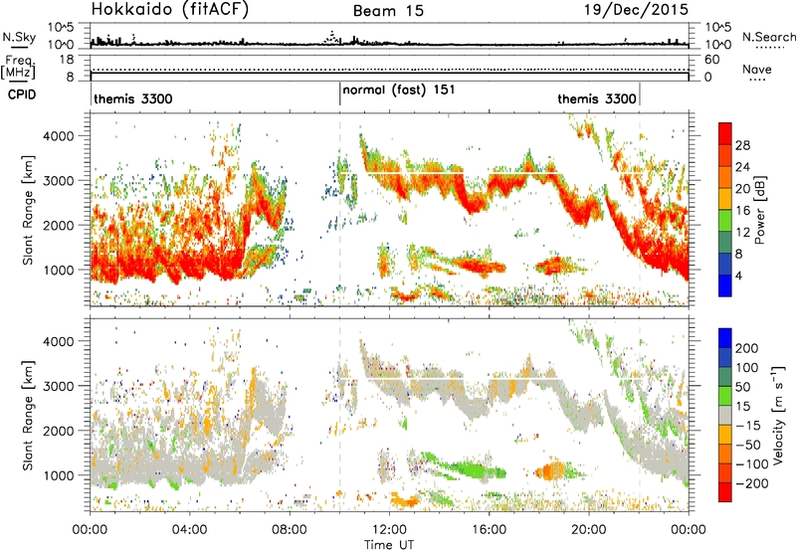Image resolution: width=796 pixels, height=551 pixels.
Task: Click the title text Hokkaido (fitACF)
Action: [x=170, y=10]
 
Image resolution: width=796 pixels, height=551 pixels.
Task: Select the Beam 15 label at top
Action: [x=388, y=11]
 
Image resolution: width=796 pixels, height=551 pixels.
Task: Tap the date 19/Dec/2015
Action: [x=636, y=10]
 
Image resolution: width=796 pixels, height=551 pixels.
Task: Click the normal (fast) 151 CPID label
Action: [x=399, y=91]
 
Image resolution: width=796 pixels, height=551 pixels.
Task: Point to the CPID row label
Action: [x=22, y=94]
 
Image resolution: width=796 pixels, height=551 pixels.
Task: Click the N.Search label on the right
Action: [x=768, y=37]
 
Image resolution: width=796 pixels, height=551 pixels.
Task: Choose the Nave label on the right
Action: [x=757, y=69]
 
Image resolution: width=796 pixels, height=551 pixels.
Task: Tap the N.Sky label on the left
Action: [x=19, y=37]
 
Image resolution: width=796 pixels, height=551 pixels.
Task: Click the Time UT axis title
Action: [x=389, y=545]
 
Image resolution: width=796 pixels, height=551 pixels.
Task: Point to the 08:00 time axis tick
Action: [x=290, y=530]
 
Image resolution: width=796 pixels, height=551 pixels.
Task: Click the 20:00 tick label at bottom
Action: [x=589, y=530]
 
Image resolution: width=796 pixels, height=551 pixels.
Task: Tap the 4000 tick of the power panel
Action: [x=59, y=136]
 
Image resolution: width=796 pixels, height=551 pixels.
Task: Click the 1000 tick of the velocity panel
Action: [x=59, y=475]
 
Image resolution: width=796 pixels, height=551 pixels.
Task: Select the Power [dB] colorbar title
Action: [x=759, y=210]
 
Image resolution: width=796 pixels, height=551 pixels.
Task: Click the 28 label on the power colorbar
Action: [x=742, y=145]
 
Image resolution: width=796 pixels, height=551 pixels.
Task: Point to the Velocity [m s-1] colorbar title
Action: [x=778, y=415]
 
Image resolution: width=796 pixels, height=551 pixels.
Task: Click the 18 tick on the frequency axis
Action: [x=67, y=60]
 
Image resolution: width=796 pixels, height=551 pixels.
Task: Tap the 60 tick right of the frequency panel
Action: [x=711, y=60]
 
